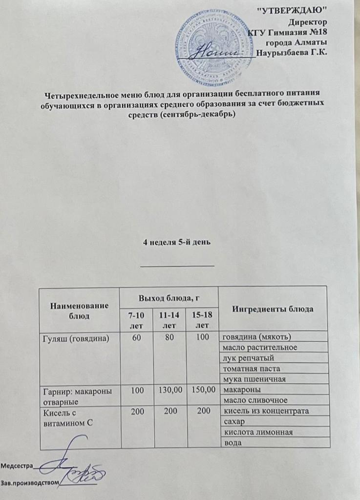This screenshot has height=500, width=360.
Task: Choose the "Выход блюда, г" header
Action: [x=168, y=297]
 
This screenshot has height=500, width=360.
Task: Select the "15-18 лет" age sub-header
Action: [x=202, y=320]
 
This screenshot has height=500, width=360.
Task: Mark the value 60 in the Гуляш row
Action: [x=134, y=337]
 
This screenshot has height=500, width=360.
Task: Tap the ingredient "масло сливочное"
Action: [x=254, y=401]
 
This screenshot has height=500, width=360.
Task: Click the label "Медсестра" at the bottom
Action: [x=17, y=465]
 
